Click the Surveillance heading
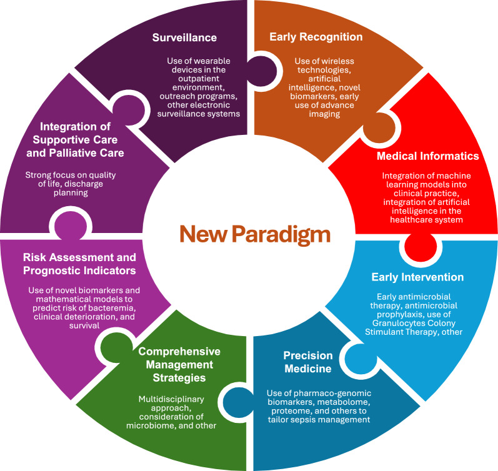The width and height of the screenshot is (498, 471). pyautogui.click(x=184, y=37)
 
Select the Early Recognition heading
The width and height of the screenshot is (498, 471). pyautogui.click(x=316, y=37)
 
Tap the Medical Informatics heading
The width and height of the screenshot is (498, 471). pyautogui.click(x=427, y=156)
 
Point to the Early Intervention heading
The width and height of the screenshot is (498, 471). pyautogui.click(x=426, y=277)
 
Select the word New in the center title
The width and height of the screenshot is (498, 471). pyautogui.click(x=202, y=234)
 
